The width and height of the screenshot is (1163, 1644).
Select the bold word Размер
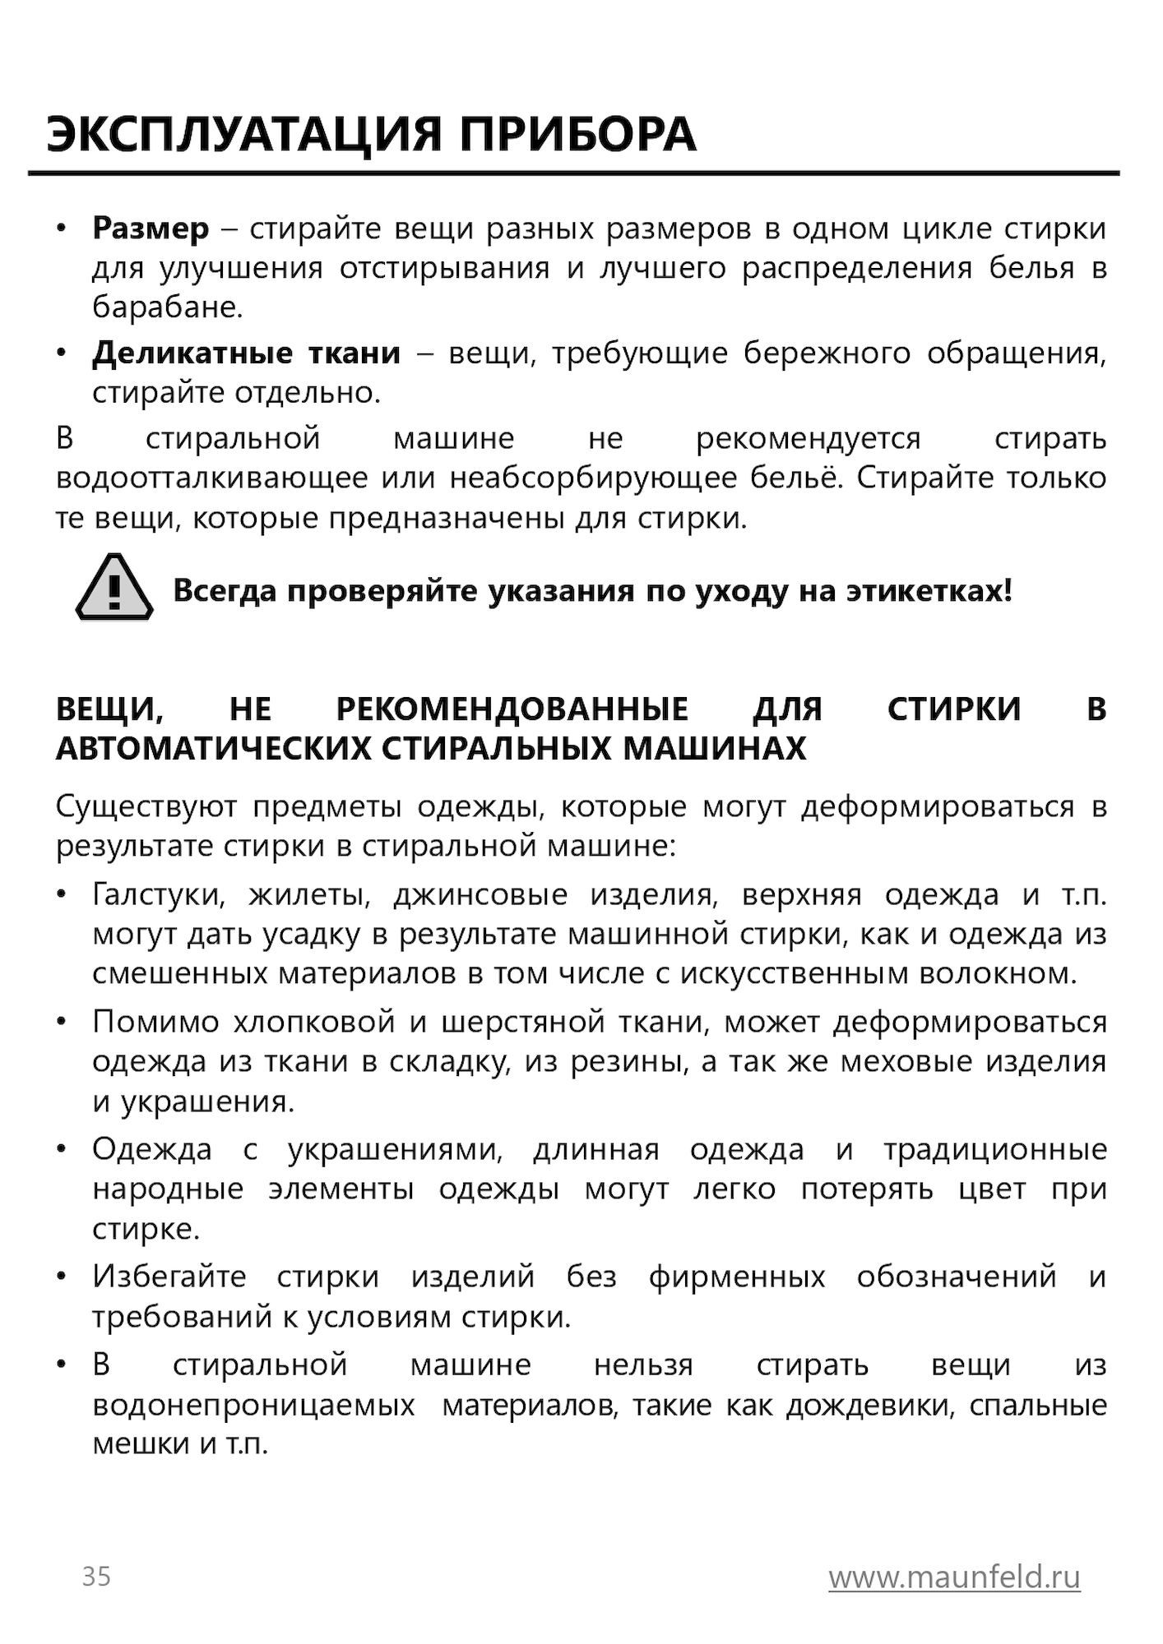pyautogui.click(x=151, y=229)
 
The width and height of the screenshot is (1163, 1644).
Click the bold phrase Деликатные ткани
pyautogui.click(x=246, y=353)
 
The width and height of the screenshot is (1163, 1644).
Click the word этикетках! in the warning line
pyautogui.click(x=929, y=590)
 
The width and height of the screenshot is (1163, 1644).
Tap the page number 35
pyautogui.click(x=96, y=1577)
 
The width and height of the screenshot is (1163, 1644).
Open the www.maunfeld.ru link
pyautogui.click(x=954, y=1577)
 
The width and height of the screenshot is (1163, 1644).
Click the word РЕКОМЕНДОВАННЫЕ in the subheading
pyautogui.click(x=512, y=709)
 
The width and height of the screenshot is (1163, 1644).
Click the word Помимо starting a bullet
pyautogui.click(x=155, y=1022)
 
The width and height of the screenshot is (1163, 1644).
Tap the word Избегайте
pyautogui.click(x=169, y=1277)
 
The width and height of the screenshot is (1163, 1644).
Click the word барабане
pyautogui.click(x=167, y=307)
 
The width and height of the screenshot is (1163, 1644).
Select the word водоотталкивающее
pyautogui.click(x=211, y=478)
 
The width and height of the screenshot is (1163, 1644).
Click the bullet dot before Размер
pyautogui.click(x=61, y=228)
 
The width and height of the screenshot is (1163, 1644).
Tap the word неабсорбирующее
pyautogui.click(x=593, y=478)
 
